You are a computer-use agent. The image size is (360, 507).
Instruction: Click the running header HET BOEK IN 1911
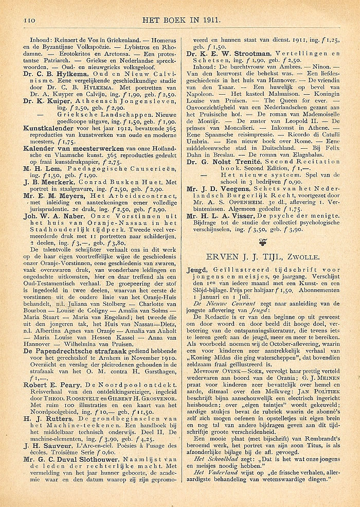pos(183,20)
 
